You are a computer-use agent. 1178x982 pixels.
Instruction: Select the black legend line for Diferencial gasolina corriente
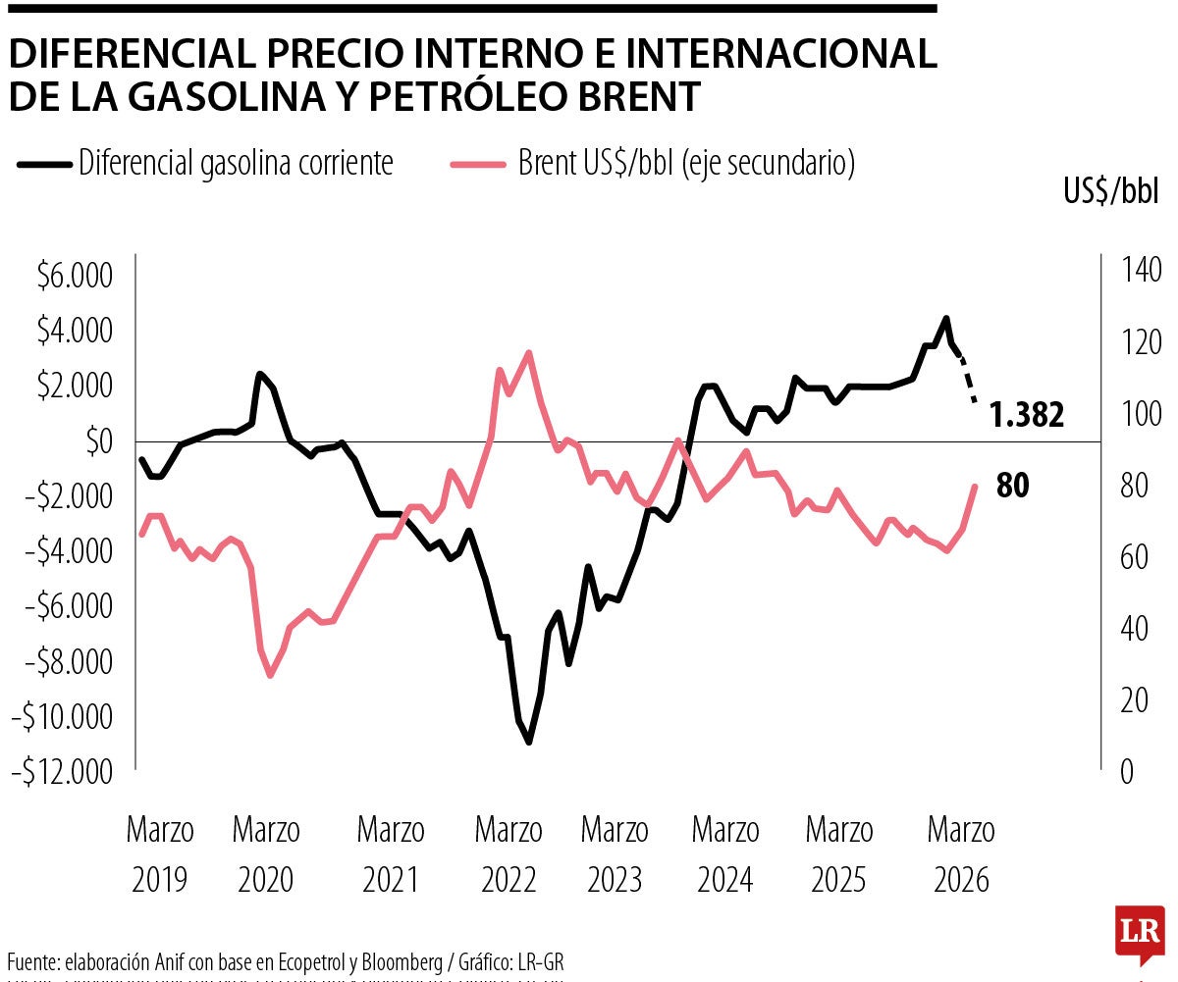click(44, 164)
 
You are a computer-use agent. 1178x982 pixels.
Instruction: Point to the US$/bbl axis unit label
click(1111, 192)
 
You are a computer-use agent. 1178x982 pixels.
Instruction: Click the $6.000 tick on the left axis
click(74, 277)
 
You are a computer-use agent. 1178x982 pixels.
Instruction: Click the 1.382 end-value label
click(1027, 416)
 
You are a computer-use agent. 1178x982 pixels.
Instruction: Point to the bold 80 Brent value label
click(1013, 486)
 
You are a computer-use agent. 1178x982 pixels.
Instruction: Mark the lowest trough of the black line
click(529, 743)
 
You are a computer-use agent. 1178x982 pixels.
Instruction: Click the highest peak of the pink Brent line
click(529, 352)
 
